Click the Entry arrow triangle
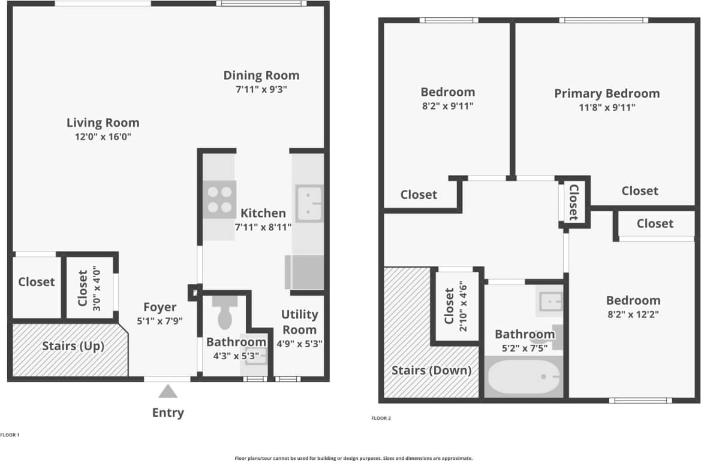168,392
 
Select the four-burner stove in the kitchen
219,200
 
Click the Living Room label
103,123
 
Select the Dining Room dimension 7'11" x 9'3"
261,90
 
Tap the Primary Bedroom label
606,93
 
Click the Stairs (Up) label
73,346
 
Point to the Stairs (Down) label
431,370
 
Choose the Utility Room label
299,322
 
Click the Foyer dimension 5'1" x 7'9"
160,321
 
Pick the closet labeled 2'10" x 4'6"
455,307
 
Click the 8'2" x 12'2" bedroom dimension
633,314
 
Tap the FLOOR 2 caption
381,418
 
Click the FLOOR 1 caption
10,435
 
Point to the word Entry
168,413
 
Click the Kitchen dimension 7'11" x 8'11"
263,227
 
